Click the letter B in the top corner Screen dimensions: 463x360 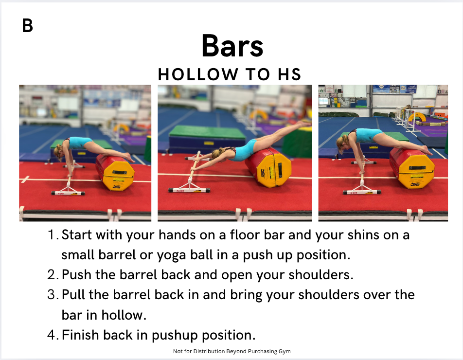pyautogui.click(x=27, y=25)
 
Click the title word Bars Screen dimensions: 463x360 pyautogui.click(x=232, y=46)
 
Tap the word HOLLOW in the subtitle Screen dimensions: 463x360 pyautogui.click(x=198, y=74)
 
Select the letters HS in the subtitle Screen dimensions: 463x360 pyautogui.click(x=289, y=74)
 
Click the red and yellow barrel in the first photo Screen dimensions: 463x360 pyautogui.click(x=115, y=173)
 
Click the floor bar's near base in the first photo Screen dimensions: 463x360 pyautogui.click(x=68, y=191)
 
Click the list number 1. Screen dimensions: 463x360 pyautogui.click(x=52, y=235)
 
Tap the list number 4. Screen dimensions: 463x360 pyautogui.click(x=52, y=335)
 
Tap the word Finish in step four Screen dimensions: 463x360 pyautogui.click(x=80, y=335)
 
